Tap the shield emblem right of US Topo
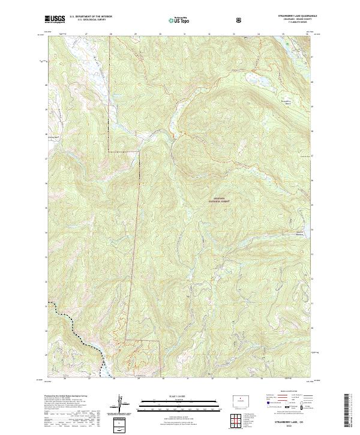point(241,20)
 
